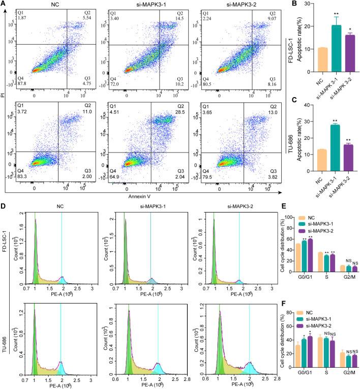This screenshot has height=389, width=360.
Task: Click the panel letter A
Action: [4, 5]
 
